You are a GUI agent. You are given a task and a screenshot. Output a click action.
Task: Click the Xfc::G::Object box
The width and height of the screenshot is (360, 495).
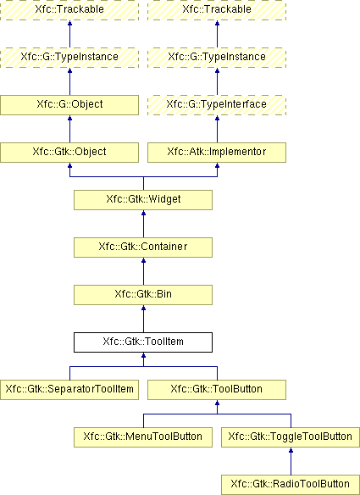tap(69, 105)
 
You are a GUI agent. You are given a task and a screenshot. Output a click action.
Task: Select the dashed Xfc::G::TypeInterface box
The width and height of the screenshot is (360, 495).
tap(217, 105)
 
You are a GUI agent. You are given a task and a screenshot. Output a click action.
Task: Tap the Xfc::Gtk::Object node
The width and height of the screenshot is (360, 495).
tap(69, 153)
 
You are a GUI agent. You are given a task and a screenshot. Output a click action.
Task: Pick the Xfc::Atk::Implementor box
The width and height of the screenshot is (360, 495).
tap(217, 153)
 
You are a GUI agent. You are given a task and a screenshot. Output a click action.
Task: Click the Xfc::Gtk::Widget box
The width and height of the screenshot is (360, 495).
tap(143, 200)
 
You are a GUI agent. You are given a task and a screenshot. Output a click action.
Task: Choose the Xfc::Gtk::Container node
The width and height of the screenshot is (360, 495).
tap(143, 247)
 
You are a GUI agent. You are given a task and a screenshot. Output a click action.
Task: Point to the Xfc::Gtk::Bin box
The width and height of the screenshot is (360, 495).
tap(143, 295)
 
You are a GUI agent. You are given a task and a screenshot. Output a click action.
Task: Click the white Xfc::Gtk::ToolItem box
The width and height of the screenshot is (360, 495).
tap(143, 342)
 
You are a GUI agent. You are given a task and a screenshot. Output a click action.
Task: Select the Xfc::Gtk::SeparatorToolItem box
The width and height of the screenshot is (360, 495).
tap(69, 390)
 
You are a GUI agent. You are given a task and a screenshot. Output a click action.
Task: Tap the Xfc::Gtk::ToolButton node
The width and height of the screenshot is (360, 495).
tap(217, 390)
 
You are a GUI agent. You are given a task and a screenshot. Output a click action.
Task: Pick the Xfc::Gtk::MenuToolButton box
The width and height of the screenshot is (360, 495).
tap(143, 437)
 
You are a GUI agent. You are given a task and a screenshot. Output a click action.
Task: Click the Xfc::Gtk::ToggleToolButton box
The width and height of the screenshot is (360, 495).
tap(291, 437)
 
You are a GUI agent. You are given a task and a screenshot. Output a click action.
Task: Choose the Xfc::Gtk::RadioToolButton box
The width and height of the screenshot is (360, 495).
tap(291, 485)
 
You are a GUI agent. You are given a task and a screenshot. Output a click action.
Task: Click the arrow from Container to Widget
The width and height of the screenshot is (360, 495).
tap(143, 224)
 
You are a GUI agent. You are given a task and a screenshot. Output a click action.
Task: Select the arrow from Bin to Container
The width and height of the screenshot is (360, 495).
tap(143, 271)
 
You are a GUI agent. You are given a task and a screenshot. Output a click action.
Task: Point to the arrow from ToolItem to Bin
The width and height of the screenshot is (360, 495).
tap(143, 319)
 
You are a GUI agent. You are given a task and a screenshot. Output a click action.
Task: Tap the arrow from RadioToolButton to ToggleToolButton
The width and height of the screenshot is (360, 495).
tap(291, 461)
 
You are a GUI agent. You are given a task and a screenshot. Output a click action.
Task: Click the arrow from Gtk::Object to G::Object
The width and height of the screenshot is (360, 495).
tap(69, 129)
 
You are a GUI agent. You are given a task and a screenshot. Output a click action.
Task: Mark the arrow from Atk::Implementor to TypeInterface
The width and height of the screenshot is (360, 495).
tap(217, 129)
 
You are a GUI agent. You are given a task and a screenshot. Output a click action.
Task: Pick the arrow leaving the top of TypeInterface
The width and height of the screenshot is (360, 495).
tap(217, 81)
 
